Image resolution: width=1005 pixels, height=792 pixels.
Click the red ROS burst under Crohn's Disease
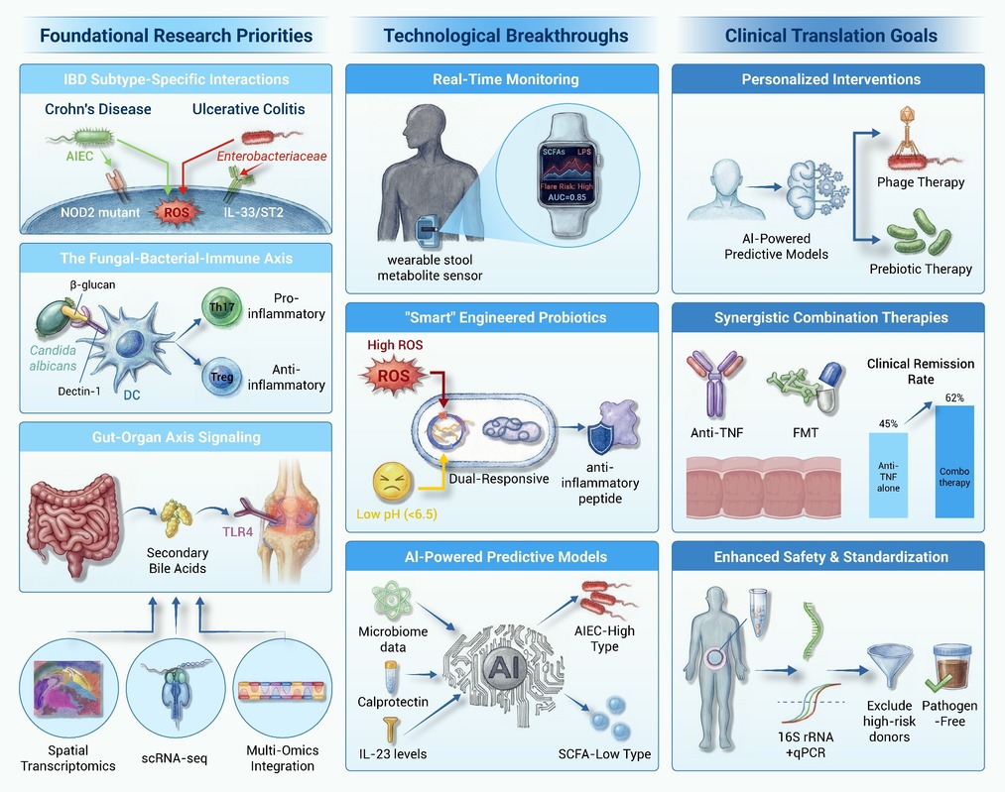point(177,212)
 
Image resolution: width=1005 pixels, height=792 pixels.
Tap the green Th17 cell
point(221,307)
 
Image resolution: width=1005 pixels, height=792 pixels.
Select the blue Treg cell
point(222,377)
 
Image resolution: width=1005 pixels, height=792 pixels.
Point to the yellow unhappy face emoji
point(392,481)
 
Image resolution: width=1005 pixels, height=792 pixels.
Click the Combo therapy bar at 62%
point(954,461)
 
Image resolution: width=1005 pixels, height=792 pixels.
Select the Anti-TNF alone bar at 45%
point(888,475)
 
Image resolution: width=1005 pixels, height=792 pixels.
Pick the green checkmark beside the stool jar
point(939,683)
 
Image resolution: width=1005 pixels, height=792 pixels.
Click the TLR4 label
point(237,531)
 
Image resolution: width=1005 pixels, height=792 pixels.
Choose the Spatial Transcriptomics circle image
point(68,688)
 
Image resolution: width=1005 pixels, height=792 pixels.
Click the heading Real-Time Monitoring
point(505,79)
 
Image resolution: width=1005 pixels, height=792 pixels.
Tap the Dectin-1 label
point(78,392)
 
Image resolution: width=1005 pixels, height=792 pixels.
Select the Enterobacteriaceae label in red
point(271,157)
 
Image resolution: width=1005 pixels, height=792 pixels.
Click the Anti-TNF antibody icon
point(715,385)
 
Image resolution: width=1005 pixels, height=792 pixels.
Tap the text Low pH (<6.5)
point(397,514)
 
